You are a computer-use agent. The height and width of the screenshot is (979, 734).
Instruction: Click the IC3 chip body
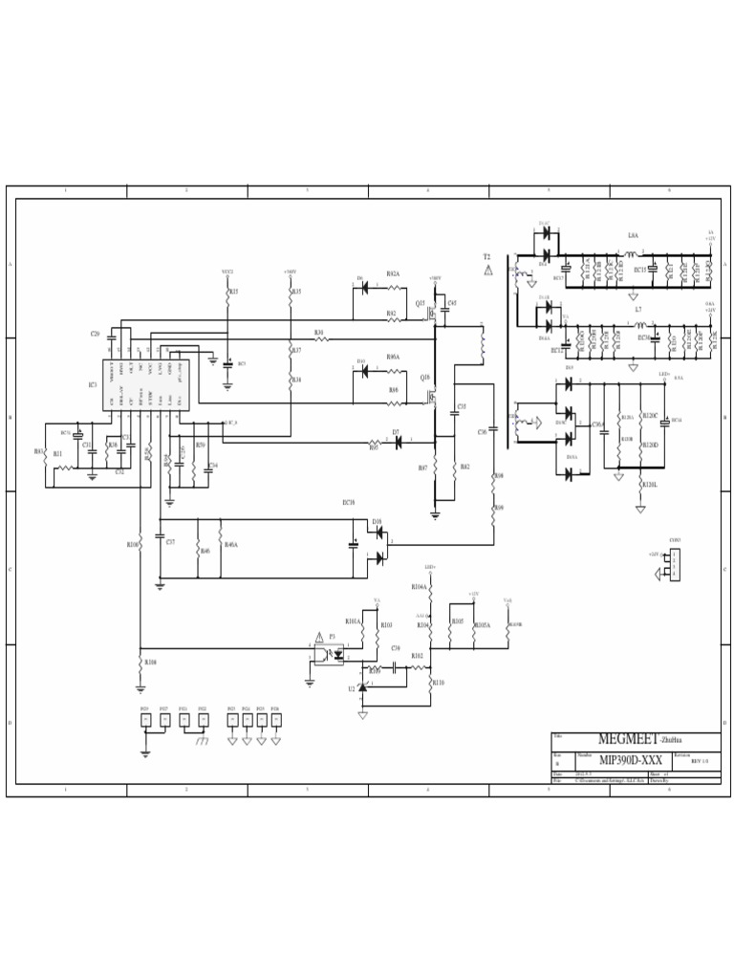[x=146, y=385]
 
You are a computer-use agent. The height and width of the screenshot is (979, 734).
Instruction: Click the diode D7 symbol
[x=397, y=442]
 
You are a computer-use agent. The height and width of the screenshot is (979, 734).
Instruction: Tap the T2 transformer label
[x=486, y=257]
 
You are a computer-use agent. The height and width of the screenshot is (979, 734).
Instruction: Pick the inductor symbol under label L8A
[x=632, y=254]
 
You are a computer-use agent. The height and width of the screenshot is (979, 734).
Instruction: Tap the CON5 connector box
[x=675, y=564]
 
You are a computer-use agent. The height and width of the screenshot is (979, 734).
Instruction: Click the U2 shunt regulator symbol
[x=361, y=687]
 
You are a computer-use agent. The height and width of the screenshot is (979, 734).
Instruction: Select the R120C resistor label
[x=651, y=417]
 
